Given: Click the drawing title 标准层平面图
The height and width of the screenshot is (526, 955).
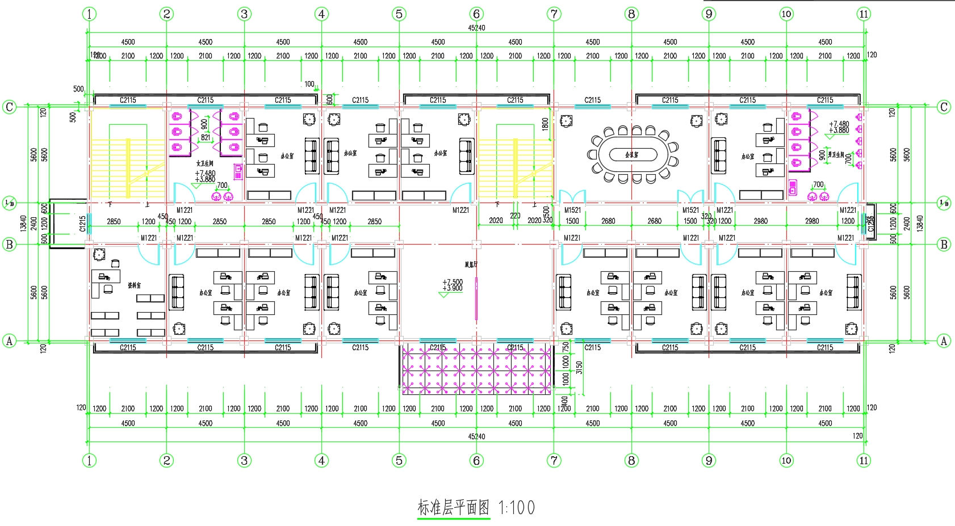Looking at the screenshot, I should pyautogui.click(x=453, y=507).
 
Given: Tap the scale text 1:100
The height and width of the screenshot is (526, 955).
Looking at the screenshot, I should pyautogui.click(x=517, y=507).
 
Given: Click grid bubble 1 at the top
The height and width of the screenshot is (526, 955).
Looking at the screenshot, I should pyautogui.click(x=89, y=14).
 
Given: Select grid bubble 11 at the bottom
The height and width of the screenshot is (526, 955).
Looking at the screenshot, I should pyautogui.click(x=864, y=460).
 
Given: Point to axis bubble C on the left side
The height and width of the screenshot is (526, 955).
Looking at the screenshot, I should pyautogui.click(x=10, y=107).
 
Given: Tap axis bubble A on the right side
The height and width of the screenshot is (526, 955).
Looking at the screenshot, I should pyautogui.click(x=944, y=340).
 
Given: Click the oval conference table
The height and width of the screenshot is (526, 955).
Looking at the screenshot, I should pyautogui.click(x=633, y=154).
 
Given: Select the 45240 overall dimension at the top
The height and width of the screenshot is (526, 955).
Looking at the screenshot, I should pyautogui.click(x=476, y=28).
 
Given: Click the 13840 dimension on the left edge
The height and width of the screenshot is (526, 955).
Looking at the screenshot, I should pyautogui.click(x=23, y=223).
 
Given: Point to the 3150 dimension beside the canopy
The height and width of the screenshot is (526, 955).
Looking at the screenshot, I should pyautogui.click(x=579, y=367).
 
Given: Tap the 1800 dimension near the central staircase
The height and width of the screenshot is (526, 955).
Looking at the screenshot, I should pyautogui.click(x=545, y=124).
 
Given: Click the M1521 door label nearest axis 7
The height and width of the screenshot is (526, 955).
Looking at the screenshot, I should pyautogui.click(x=572, y=211).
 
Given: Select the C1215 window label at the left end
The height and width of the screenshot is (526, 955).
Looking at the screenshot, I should pyautogui.click(x=82, y=224).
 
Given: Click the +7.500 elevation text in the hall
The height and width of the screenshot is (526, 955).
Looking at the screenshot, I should pyautogui.click(x=453, y=282).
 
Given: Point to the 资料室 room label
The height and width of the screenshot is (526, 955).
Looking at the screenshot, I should pyautogui.click(x=134, y=285).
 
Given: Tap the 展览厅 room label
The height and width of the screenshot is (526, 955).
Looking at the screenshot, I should pyautogui.click(x=471, y=264).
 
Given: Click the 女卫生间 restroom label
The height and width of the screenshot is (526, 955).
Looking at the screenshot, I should pyautogui.click(x=204, y=163).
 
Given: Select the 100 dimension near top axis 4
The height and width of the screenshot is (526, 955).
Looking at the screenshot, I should pyautogui.click(x=309, y=84).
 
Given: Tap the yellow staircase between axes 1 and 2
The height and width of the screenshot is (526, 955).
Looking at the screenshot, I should pyautogui.click(x=128, y=162).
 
